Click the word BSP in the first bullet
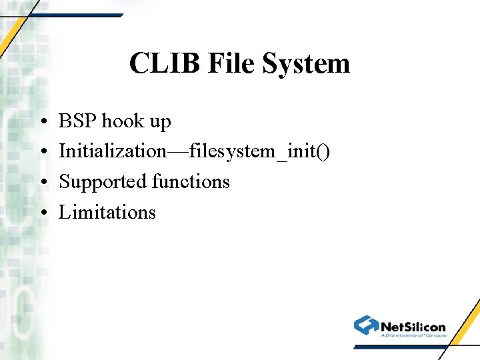(x=77, y=121)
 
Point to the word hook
(x=123, y=121)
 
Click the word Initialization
(x=113, y=151)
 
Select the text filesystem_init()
(x=259, y=152)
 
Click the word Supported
(x=103, y=182)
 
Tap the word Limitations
(x=107, y=212)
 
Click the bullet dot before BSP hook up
(x=42, y=123)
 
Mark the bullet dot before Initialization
(x=42, y=153)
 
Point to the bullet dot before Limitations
(x=42, y=213)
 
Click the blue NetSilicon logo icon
(x=366, y=325)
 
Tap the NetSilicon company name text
(x=413, y=327)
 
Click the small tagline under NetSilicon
(x=413, y=335)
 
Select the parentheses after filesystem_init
(x=323, y=152)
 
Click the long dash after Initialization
(x=177, y=152)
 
